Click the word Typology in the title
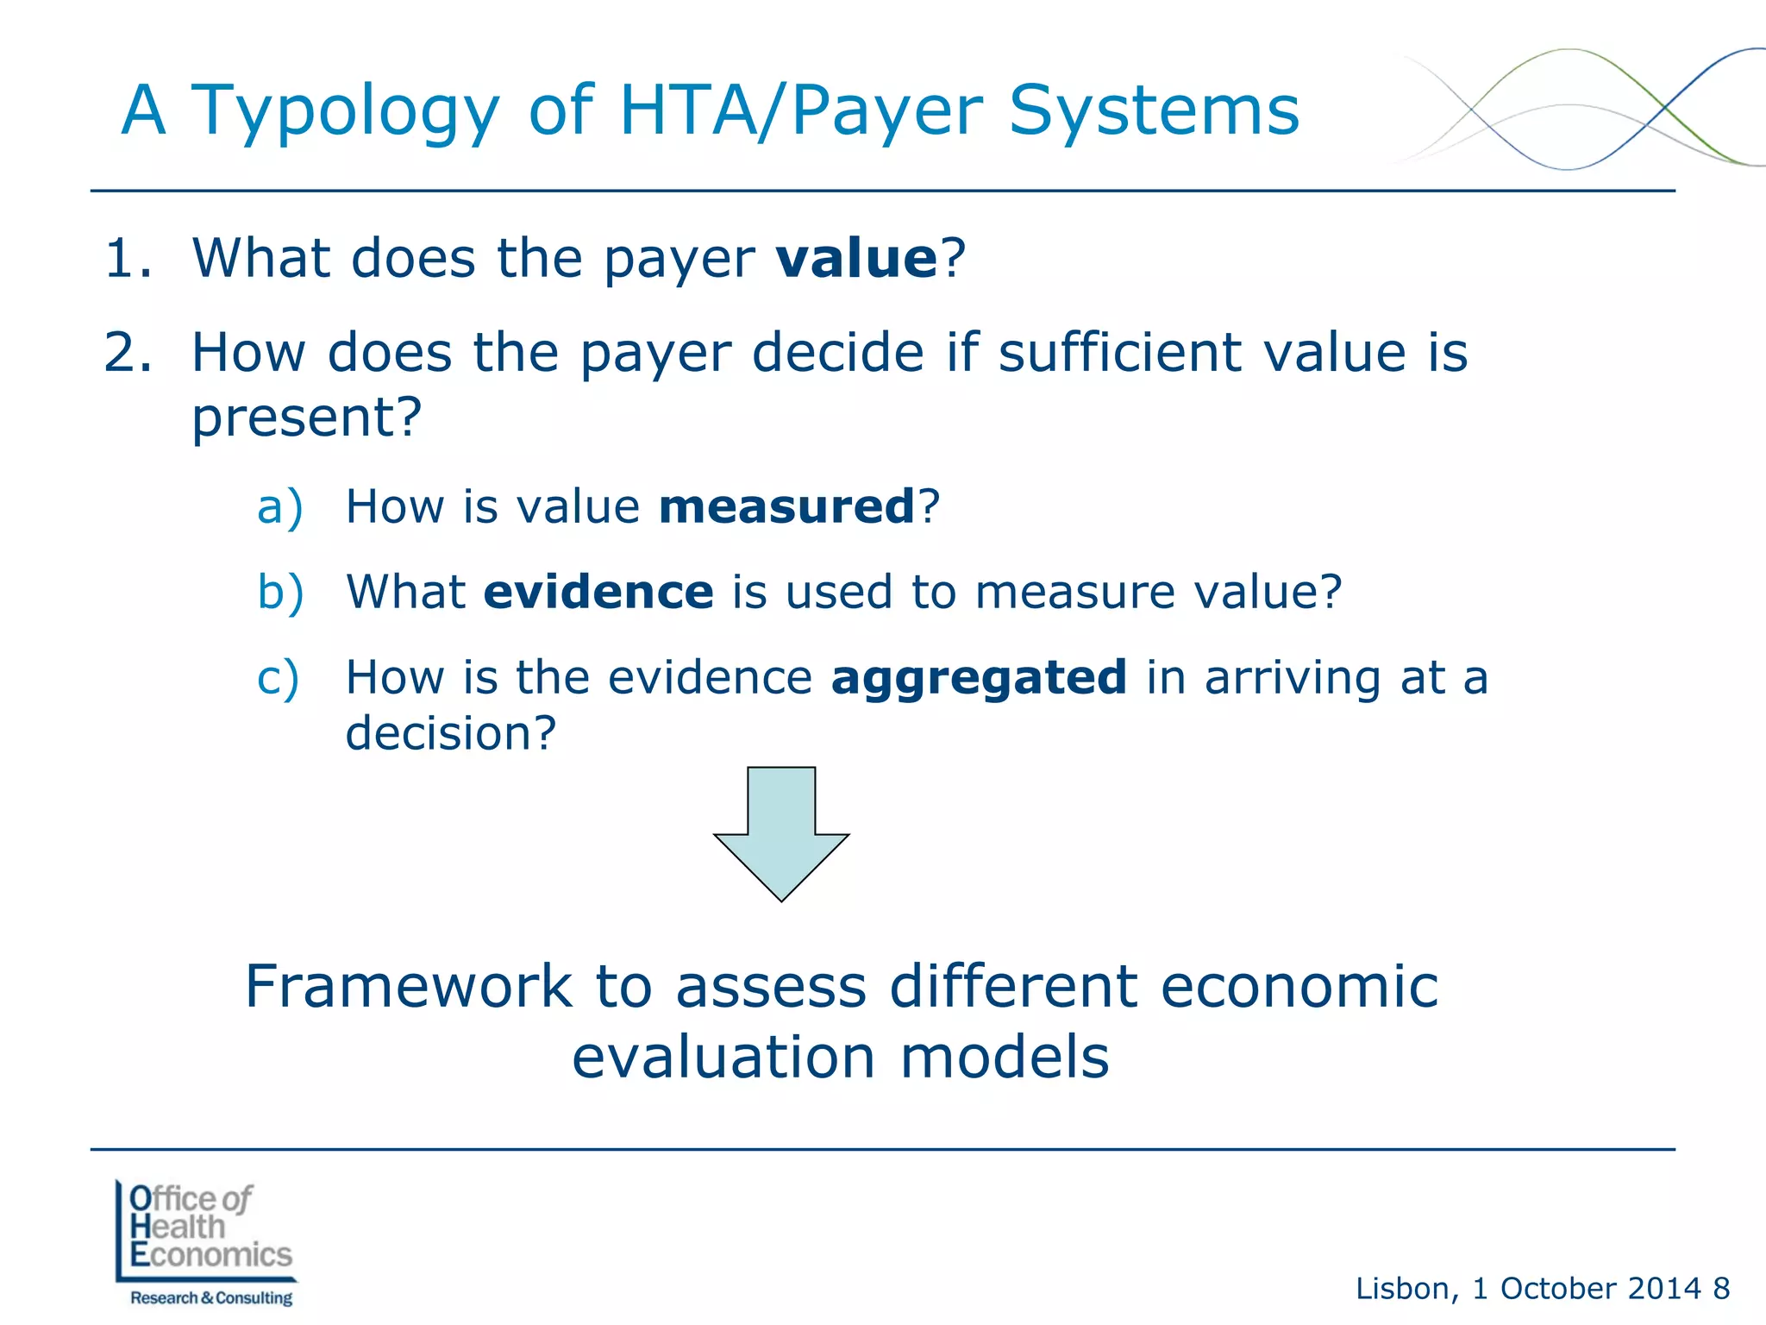coord(344,112)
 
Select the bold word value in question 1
coord(856,258)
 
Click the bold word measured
coord(786,506)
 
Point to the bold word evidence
coord(598,592)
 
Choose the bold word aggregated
coord(979,678)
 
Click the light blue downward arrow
coord(781,832)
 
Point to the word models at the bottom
coord(1005,1058)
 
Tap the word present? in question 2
coord(306,418)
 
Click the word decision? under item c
coord(451,733)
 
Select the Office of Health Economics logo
coord(206,1242)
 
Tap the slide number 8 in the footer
coord(1721,1289)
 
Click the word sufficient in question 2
coord(1120,353)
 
